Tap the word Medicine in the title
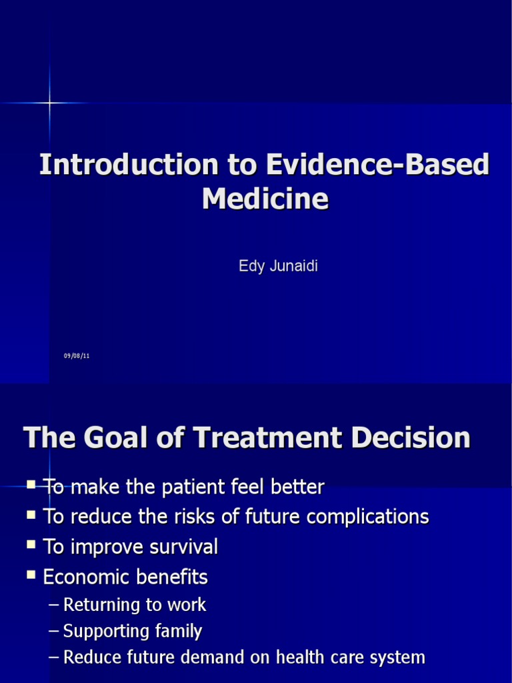click(265, 199)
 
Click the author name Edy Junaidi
click(278, 266)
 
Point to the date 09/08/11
click(77, 356)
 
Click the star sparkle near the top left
click(49, 103)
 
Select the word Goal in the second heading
click(142, 438)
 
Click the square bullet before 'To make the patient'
click(31, 486)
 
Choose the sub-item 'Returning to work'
click(134, 605)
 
